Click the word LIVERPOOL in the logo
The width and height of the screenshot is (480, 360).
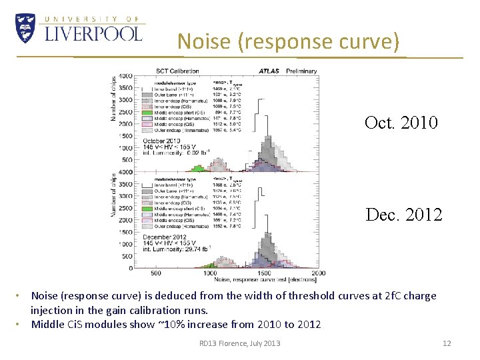93,33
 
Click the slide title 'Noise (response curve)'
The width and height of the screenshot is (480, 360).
289,41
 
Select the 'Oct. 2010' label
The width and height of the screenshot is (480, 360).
401,123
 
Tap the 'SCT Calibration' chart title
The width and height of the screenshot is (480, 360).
177,70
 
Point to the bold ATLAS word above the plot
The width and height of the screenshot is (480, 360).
269,70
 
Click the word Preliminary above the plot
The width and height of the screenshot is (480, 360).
301,70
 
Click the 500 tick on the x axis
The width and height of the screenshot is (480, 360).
156,273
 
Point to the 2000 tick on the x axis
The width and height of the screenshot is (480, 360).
318,273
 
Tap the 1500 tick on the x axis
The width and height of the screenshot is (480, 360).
264,273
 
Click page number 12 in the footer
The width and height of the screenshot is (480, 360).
447,343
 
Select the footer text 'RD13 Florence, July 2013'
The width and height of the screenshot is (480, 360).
240,343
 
